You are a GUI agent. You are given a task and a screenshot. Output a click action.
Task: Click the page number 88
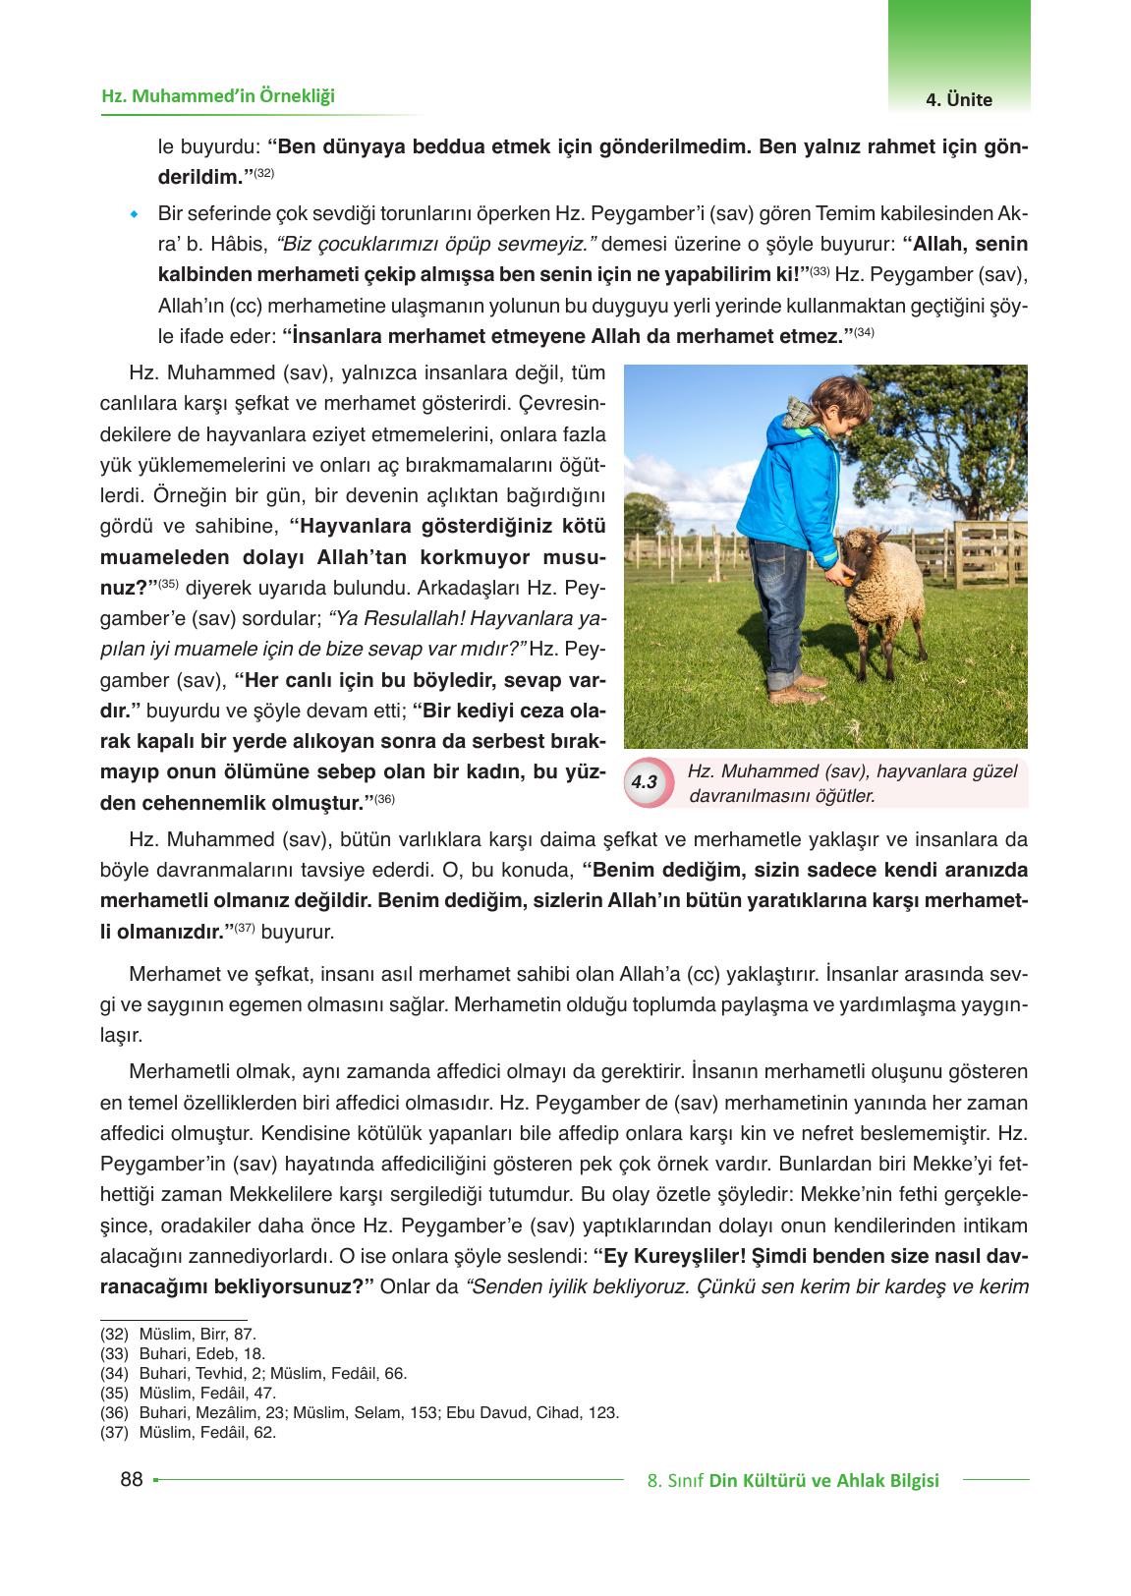(131, 1479)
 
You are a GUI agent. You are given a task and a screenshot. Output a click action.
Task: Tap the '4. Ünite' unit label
(958, 99)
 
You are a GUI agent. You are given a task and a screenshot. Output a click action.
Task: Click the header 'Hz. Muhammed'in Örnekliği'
(218, 95)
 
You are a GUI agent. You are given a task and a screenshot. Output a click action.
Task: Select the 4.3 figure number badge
(645, 782)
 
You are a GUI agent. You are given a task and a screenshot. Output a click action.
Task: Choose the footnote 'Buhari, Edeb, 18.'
(201, 1353)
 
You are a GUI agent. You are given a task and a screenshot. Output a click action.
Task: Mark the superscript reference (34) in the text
(864, 331)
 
